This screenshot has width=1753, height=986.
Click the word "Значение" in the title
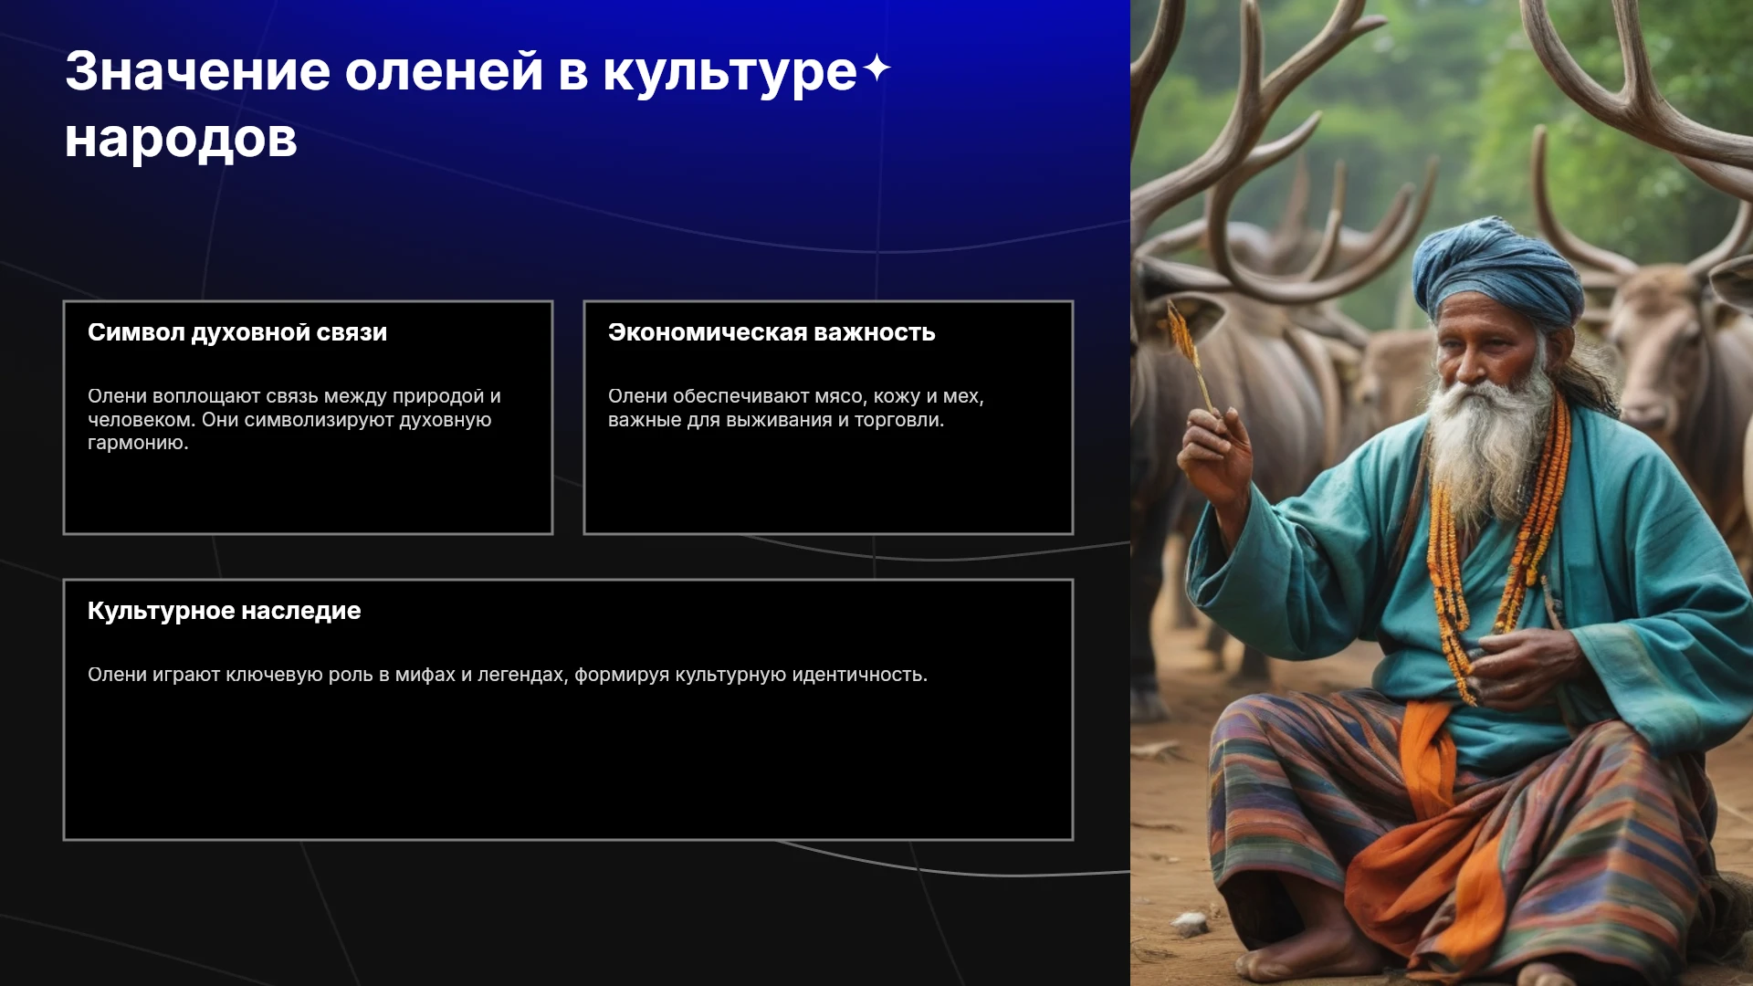(197, 71)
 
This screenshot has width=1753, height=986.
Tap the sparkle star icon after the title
(876, 68)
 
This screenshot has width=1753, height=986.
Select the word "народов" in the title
(181, 140)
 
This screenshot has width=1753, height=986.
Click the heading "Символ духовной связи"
(237, 332)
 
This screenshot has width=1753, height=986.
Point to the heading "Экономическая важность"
(772, 332)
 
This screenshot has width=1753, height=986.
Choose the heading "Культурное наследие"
(225, 611)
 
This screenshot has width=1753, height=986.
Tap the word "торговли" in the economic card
(899, 420)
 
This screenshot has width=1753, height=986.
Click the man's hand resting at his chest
(1520, 666)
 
